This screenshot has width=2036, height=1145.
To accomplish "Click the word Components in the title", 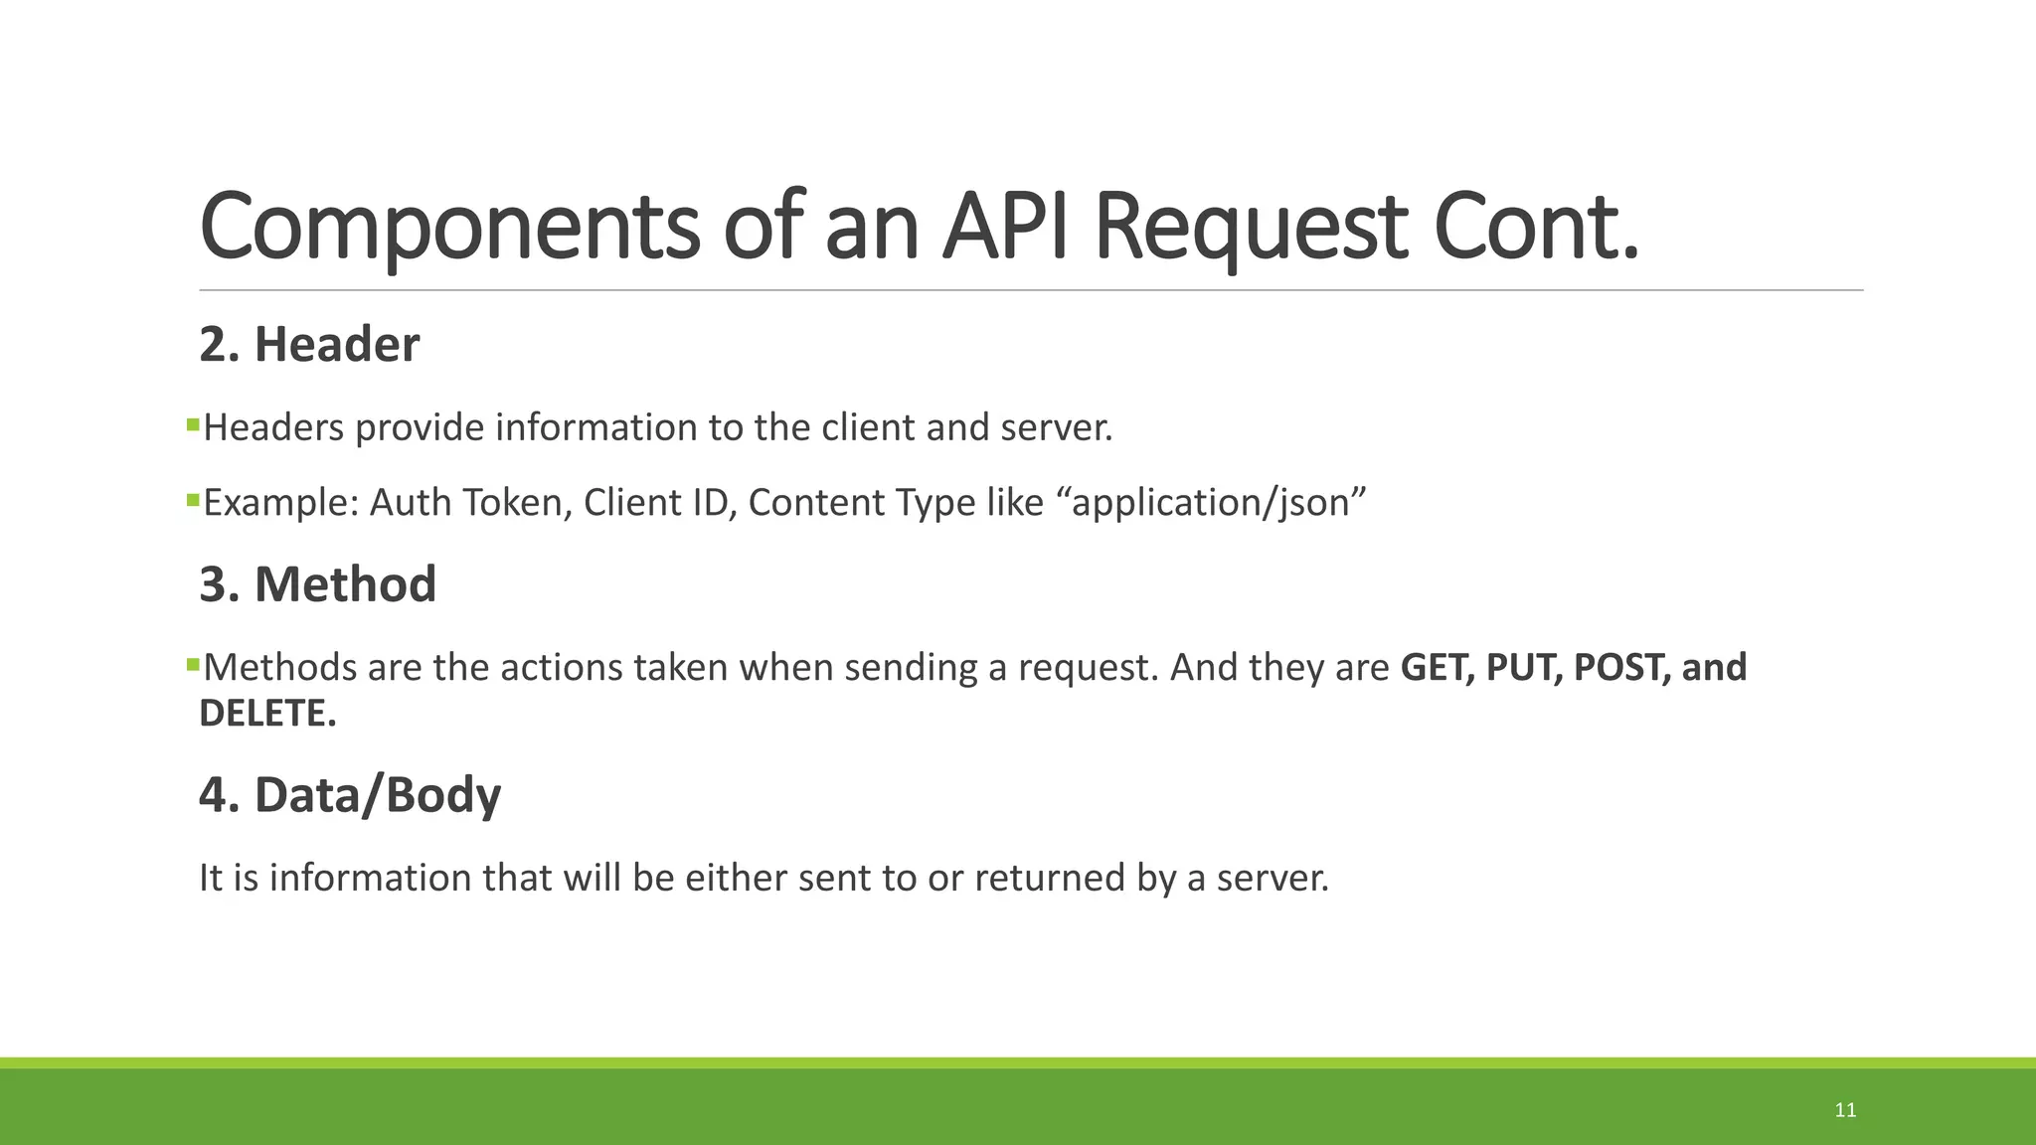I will click(449, 227).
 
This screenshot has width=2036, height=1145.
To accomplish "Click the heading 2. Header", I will click(309, 345).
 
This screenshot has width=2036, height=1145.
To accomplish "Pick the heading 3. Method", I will click(318, 584).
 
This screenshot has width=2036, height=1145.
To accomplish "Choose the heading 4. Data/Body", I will click(350, 795).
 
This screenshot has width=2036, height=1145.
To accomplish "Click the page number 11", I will click(1845, 1110).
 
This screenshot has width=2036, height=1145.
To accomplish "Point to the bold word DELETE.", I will click(267, 714).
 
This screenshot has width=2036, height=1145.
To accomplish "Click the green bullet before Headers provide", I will click(193, 425).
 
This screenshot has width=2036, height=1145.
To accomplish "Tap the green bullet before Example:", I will click(193, 500).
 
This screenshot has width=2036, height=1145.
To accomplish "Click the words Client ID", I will click(659, 503).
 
